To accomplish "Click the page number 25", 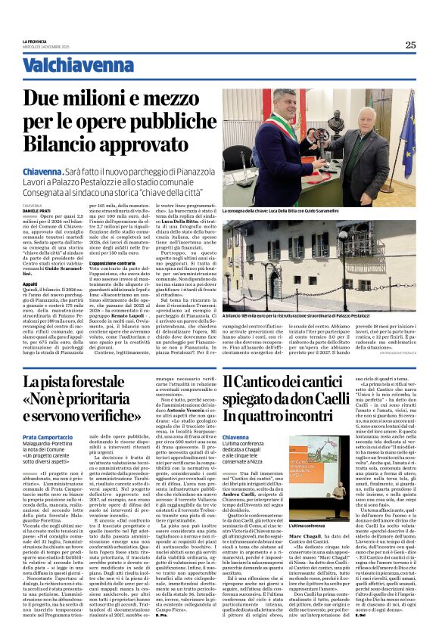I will coord(409,45).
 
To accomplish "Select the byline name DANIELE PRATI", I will coord(34,209).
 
